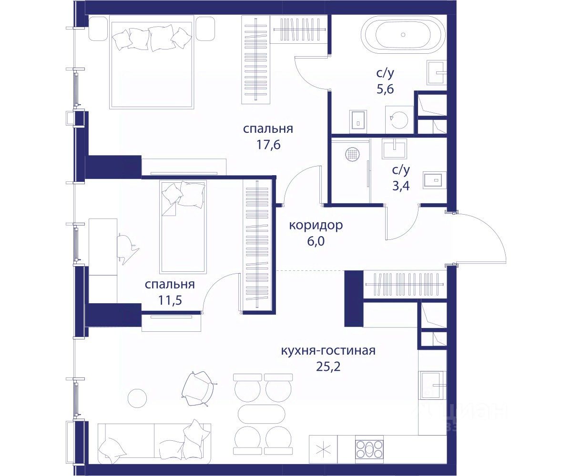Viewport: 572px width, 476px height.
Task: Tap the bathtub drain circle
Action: click(403, 35)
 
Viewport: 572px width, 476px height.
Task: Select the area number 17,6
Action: click(268, 145)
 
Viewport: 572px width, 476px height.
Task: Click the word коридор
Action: click(316, 225)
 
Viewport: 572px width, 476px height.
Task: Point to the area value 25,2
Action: click(328, 367)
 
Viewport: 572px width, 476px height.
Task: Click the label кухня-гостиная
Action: click(328, 350)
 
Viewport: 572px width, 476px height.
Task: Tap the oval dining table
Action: click(261, 415)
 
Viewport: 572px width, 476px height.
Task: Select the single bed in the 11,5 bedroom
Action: click(183, 227)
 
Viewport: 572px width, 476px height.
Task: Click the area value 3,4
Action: click(401, 186)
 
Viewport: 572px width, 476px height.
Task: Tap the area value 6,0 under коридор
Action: click(316, 241)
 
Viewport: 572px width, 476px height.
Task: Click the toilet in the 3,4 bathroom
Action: click(435, 180)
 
